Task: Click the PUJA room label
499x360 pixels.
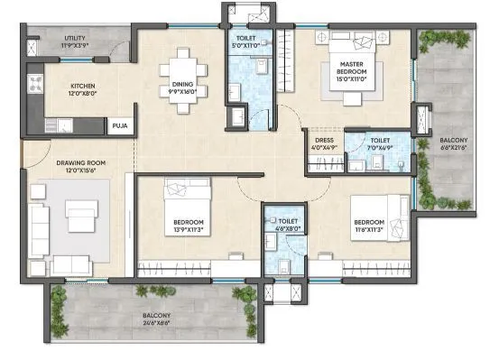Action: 119,127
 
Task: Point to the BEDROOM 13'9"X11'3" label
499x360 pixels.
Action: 189,225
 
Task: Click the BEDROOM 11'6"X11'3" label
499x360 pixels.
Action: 371,225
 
